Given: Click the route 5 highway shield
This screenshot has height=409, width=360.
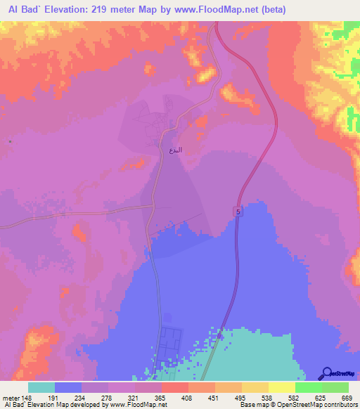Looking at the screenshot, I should pos(238,211).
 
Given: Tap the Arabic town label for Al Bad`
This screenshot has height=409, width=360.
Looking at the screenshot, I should pos(176,150).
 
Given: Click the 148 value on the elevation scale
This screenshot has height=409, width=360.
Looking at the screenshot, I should pos(27,397).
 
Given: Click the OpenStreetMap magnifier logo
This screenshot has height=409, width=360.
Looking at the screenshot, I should pos(326,374).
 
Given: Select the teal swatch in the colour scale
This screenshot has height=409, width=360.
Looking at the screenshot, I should pos(41,387).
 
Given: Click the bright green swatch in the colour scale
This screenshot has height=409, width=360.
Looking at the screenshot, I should pos(309,387).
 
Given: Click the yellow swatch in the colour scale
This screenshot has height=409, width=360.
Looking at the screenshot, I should pos(282,387).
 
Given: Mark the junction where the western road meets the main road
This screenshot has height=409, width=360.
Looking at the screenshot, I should pos(153,207).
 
